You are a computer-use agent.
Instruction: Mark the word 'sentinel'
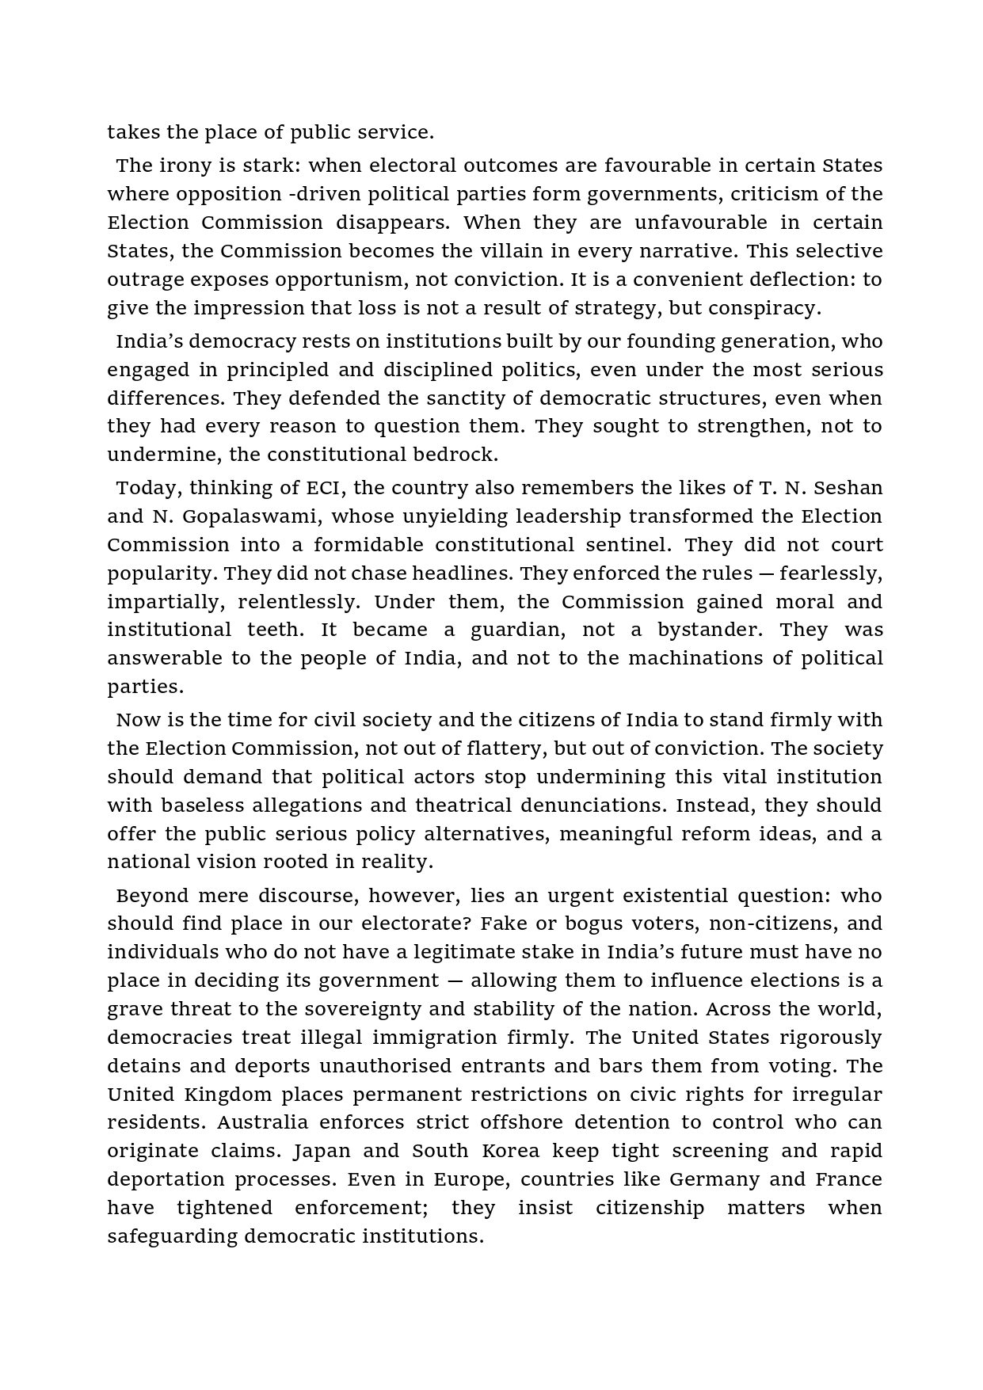[628, 545]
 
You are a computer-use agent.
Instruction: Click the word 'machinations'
[688, 658]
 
